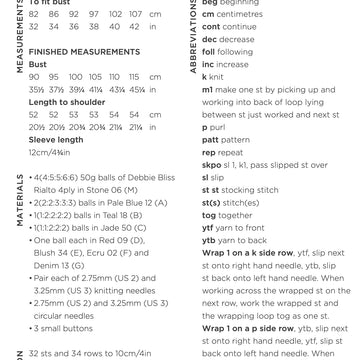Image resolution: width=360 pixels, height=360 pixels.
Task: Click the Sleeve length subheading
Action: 55,140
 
